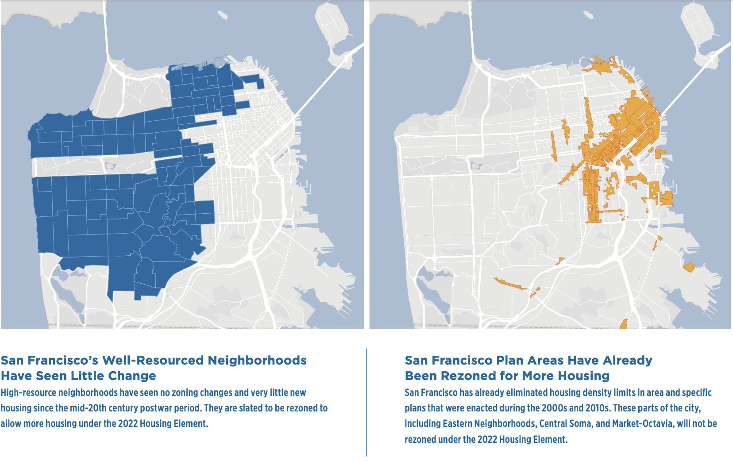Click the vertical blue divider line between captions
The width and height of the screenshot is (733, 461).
click(x=366, y=403)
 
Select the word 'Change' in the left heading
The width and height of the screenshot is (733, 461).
click(x=132, y=376)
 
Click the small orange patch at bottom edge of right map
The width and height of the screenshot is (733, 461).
click(x=624, y=324)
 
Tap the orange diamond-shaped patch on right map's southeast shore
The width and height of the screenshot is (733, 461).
click(x=689, y=267)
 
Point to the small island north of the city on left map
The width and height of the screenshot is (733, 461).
click(x=223, y=15)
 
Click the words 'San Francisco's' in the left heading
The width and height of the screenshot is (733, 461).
click(x=49, y=361)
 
